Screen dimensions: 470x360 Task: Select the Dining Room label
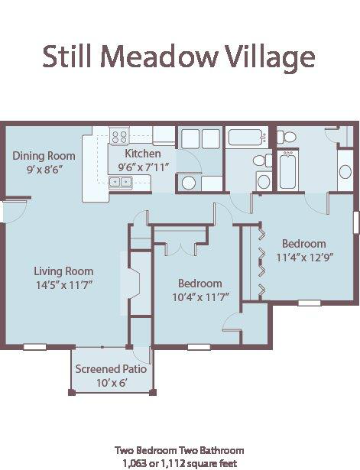tap(44, 156)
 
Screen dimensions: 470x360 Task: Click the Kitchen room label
tap(143, 153)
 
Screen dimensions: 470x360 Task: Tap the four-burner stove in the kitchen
tap(119, 138)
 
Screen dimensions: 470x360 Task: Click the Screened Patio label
tap(111, 369)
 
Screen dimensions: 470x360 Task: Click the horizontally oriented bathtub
tap(245, 138)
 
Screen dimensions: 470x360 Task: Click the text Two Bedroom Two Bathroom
tap(180, 450)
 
